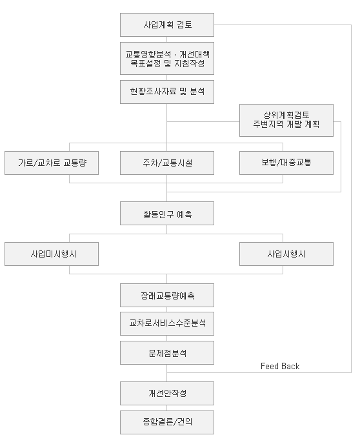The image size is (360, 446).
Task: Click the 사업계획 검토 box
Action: click(x=167, y=25)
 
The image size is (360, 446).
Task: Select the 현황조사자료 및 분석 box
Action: click(x=167, y=92)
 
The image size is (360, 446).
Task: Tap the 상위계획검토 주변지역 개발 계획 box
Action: click(x=286, y=120)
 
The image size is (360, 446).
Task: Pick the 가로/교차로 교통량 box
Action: click(x=52, y=163)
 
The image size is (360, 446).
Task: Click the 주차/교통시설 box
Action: click(x=167, y=163)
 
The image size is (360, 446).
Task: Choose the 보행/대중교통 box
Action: click(x=286, y=163)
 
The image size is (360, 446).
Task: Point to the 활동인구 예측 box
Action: click(x=167, y=214)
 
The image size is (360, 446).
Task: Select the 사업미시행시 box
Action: click(x=52, y=254)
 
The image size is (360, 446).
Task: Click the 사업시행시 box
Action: click(x=286, y=254)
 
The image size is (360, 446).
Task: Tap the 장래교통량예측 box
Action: click(x=167, y=295)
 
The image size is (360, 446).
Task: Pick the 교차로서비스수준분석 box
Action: click(x=167, y=324)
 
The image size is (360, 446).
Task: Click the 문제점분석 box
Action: click(x=167, y=353)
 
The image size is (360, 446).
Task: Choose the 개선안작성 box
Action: click(x=167, y=393)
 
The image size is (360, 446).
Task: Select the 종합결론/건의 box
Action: click(x=167, y=422)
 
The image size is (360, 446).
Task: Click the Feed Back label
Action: click(x=280, y=366)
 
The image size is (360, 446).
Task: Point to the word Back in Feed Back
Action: click(x=290, y=366)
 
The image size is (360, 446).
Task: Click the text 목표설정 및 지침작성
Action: click(x=167, y=63)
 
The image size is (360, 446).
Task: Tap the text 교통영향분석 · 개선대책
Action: click(x=167, y=54)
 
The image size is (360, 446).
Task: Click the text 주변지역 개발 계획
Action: click(x=286, y=125)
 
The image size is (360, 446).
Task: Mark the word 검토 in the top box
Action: click(x=185, y=25)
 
